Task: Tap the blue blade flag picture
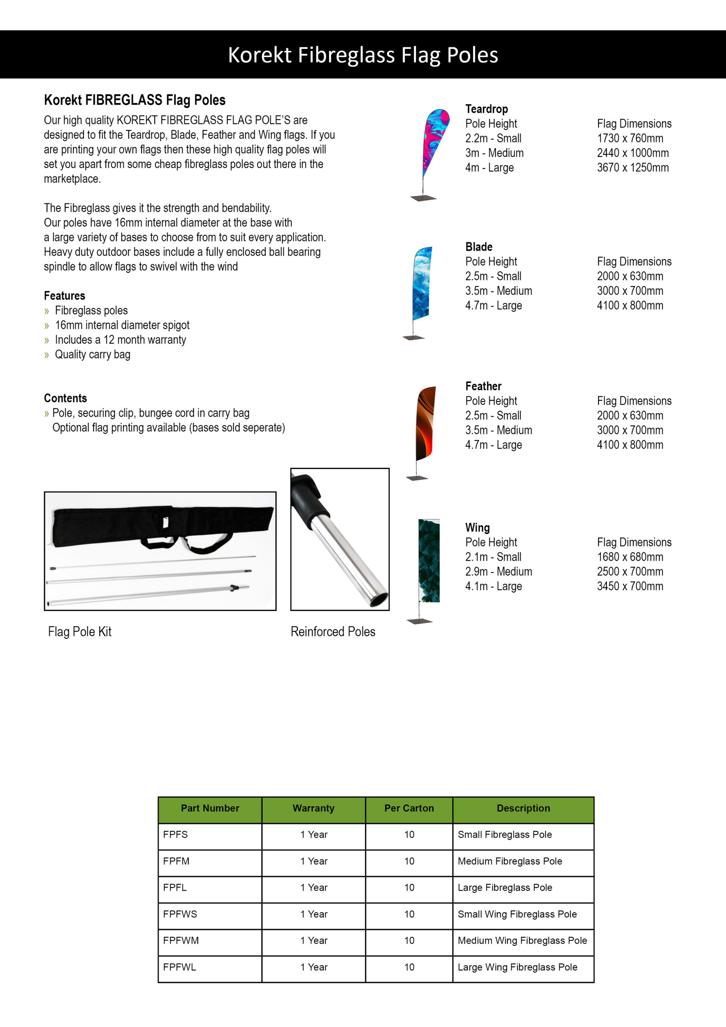[422, 284]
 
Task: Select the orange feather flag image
[426, 424]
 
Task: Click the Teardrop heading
[486, 109]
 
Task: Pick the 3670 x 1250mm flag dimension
[633, 168]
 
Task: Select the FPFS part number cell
[175, 835]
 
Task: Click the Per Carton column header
[409, 808]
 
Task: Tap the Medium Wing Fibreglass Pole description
[522, 940]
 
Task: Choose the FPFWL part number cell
[179, 967]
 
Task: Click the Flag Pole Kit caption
[80, 631]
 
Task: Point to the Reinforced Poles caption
[333, 631]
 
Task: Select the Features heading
[65, 296]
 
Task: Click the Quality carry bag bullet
[93, 355]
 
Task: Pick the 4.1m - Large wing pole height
[493, 587]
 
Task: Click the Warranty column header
[313, 808]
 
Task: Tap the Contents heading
[65, 398]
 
